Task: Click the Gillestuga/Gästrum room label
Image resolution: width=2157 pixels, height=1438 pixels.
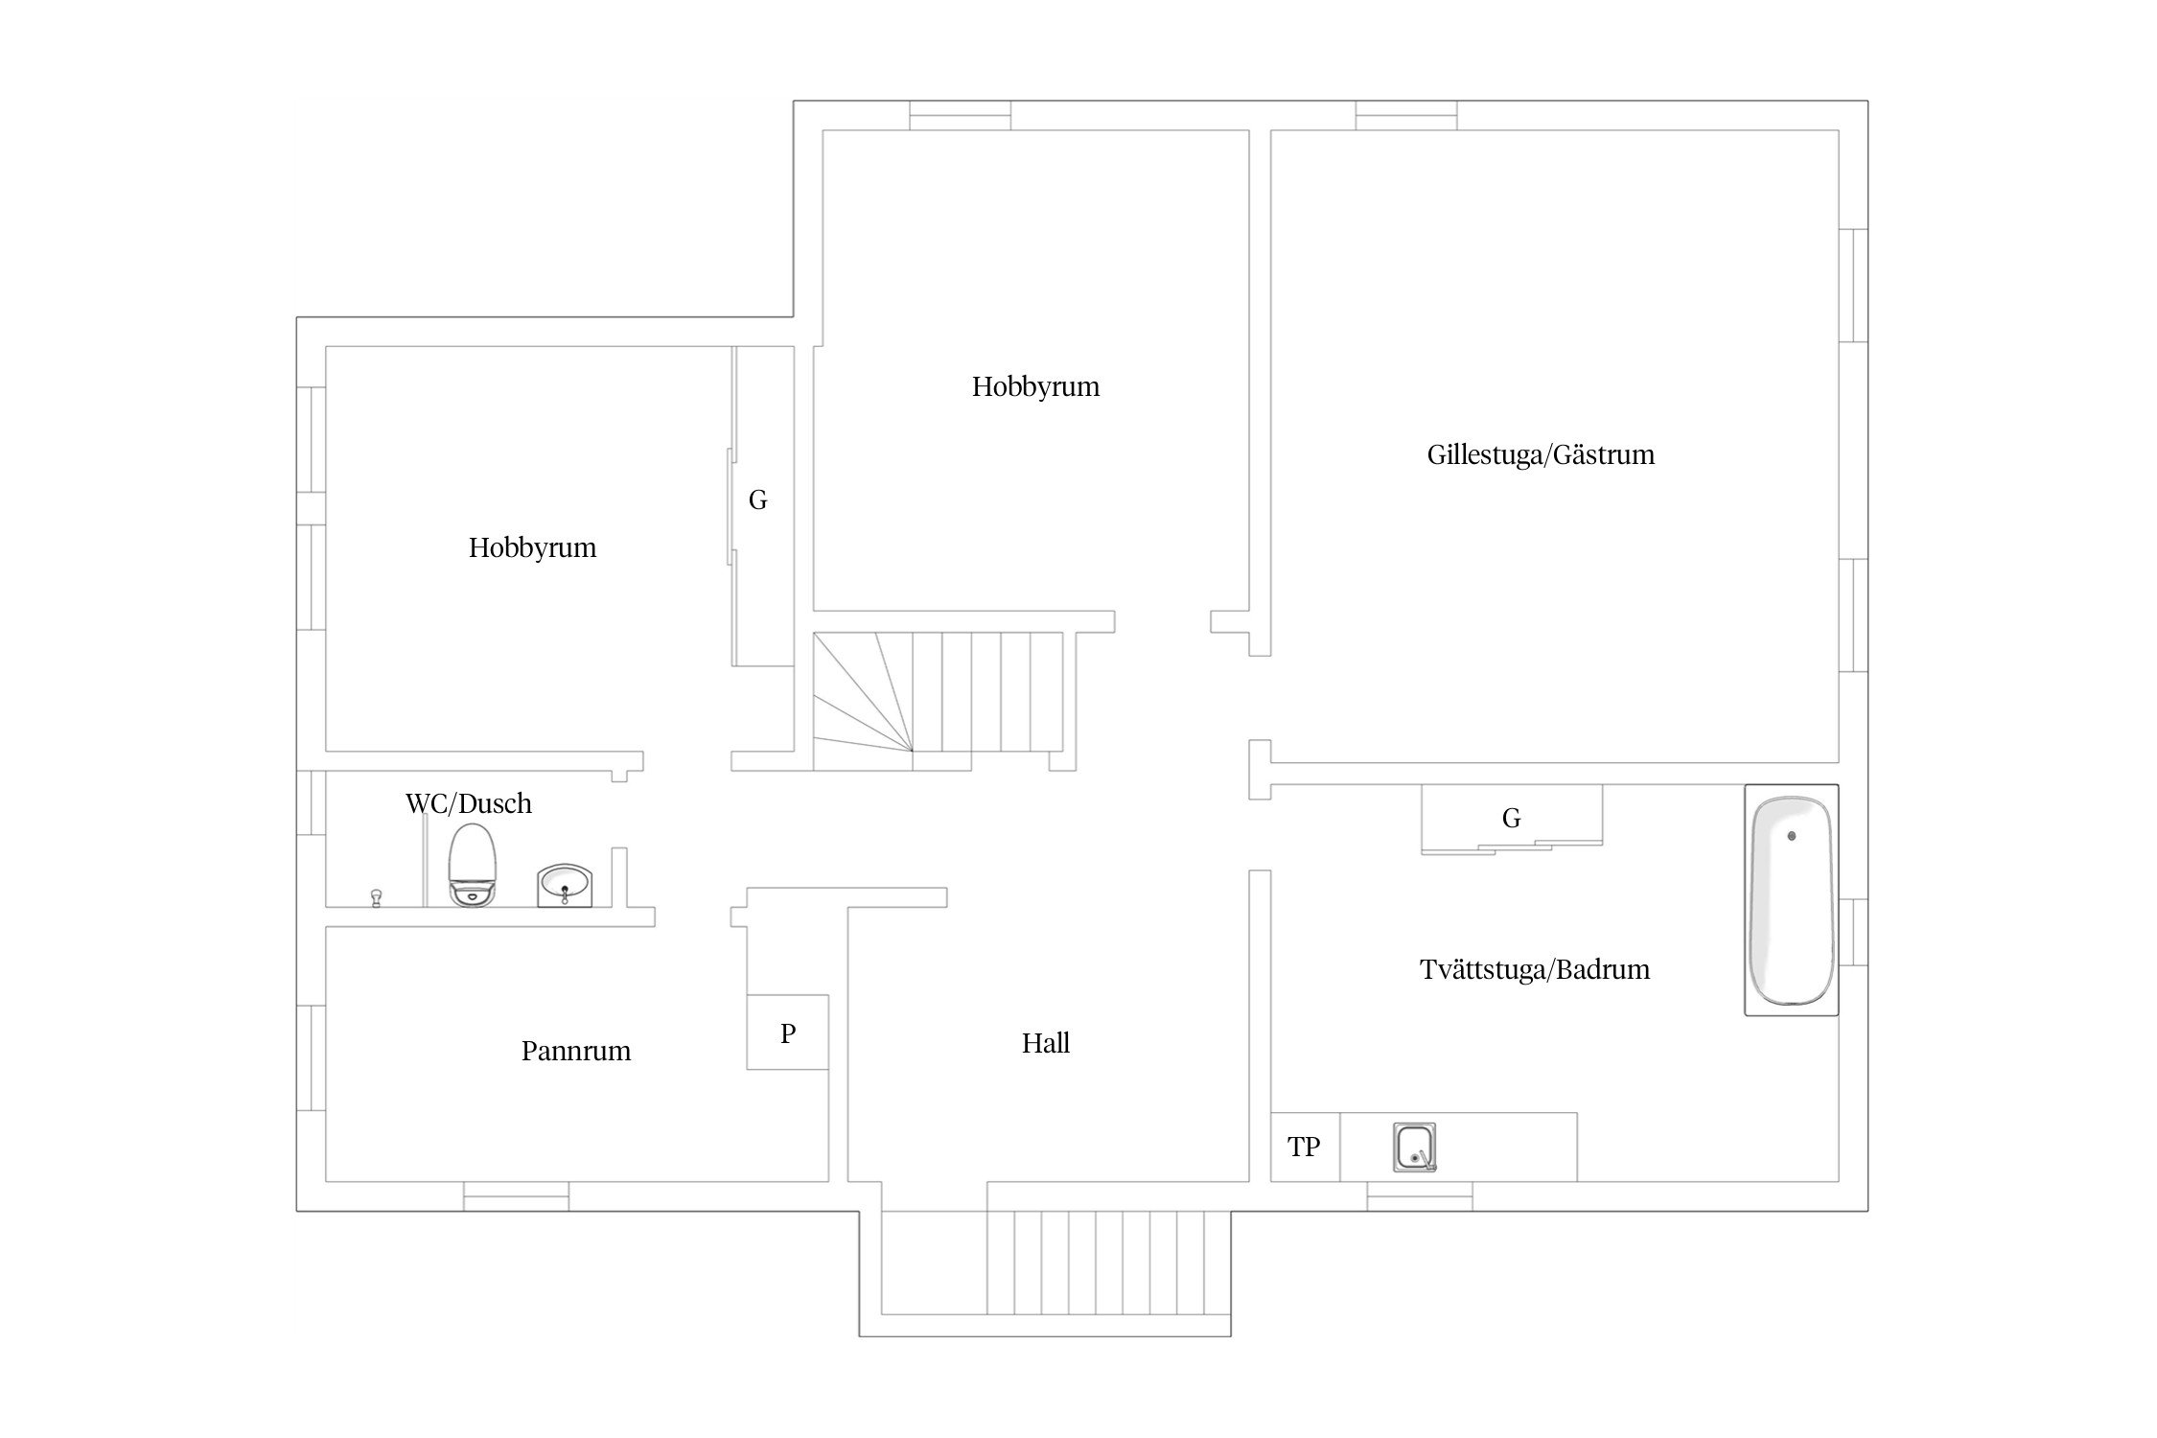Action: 1541,454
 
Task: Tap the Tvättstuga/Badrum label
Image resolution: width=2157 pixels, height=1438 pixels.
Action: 1535,969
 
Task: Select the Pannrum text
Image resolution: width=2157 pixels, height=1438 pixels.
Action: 576,1051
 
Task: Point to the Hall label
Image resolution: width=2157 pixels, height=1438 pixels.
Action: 1046,1043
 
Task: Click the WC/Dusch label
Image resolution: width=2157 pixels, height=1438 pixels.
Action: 469,803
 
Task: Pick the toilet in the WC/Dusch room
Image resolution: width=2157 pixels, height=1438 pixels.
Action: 474,864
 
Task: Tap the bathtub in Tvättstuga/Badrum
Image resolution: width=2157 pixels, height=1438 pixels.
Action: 1791,900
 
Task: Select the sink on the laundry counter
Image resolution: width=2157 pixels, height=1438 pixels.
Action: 1415,1148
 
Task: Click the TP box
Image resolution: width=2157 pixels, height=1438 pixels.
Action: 1305,1147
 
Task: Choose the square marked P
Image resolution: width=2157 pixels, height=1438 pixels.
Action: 788,1032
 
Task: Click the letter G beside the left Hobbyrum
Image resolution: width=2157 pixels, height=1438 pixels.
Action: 758,499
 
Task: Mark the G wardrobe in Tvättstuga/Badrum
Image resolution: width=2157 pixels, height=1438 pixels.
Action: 1512,819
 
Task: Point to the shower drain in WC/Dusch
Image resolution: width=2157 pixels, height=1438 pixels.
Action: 376,896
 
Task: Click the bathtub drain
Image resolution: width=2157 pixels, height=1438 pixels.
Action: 1791,836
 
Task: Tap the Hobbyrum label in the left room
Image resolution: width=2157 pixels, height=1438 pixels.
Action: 533,547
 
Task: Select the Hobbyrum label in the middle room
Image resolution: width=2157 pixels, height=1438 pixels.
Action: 1036,386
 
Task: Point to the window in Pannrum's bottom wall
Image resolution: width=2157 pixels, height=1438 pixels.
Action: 516,1196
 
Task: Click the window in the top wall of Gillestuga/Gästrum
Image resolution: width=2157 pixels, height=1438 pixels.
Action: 1406,115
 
